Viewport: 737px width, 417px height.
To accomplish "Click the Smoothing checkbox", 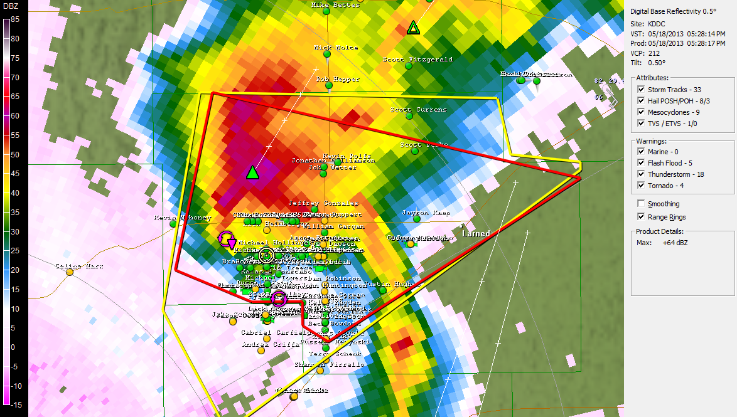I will click(x=641, y=204).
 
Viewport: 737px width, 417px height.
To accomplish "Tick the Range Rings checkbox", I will click(x=641, y=217).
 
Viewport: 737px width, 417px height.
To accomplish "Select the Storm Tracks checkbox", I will click(x=641, y=90).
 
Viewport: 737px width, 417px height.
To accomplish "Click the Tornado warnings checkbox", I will click(x=641, y=186).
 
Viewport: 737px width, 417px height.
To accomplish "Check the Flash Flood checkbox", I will click(x=641, y=163).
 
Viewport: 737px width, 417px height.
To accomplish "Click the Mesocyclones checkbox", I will click(x=641, y=112).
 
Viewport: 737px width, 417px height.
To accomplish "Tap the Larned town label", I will click(x=475, y=233).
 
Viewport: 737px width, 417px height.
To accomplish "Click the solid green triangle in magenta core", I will click(x=252, y=172).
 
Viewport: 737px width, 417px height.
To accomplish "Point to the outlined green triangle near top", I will click(x=412, y=28).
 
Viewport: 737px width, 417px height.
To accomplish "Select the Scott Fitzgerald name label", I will click(x=417, y=60).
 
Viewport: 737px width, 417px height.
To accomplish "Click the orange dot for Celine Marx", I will click(x=70, y=272).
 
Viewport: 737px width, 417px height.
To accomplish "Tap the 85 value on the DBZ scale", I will click(x=15, y=19).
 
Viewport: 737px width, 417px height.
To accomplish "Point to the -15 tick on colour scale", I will click(x=15, y=404).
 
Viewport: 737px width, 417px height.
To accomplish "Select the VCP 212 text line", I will click(x=645, y=53).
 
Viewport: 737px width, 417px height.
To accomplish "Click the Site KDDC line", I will click(x=647, y=23).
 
